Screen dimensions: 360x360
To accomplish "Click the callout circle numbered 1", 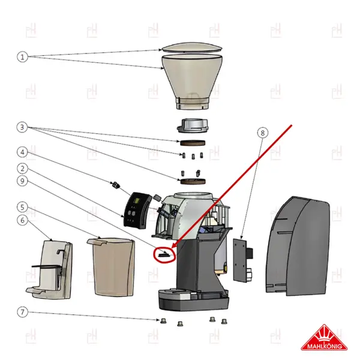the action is tap(22, 57).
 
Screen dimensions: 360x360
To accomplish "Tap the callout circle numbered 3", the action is tap(22, 127).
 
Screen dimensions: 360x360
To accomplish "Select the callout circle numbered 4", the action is tap(22, 152).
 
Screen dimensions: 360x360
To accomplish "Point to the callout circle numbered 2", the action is tap(22, 169).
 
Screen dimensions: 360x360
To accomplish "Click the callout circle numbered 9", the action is tap(22, 181).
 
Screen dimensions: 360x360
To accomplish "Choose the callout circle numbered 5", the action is tap(22, 208).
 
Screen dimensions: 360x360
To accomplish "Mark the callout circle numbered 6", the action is tap(22, 220).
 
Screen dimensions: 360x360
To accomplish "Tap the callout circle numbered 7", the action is tap(22, 312).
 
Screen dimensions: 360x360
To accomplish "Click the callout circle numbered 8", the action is tap(263, 133).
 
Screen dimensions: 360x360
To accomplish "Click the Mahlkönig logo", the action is tap(324, 337).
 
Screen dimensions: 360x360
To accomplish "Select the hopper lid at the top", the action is tap(192, 47).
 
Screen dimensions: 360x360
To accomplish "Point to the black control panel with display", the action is tap(137, 211).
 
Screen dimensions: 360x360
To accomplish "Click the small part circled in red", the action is tap(164, 254).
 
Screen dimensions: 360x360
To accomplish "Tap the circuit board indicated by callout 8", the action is tap(242, 260).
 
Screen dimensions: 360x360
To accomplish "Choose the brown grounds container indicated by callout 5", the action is tap(112, 267).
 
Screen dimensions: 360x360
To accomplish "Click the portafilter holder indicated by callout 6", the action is tap(50, 269).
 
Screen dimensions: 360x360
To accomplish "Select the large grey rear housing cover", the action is tap(298, 246).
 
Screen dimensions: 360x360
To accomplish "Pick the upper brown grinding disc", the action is tap(193, 143).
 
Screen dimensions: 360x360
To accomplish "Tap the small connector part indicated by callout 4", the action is tap(116, 185).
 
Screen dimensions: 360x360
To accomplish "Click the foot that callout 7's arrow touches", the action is tap(163, 320).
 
